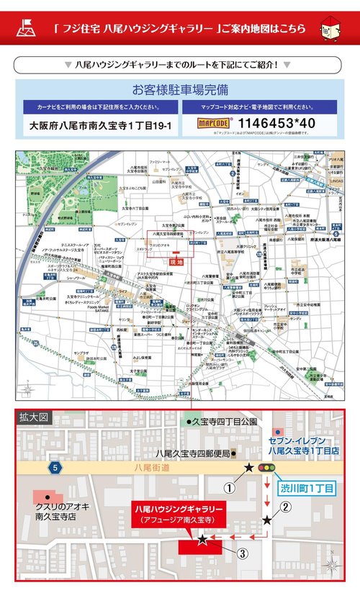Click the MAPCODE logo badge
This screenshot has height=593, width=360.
tap(214, 124)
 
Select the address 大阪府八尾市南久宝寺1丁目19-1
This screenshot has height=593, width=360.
tap(101, 125)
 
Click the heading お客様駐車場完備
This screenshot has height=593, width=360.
tap(180, 90)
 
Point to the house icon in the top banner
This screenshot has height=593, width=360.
tap(332, 30)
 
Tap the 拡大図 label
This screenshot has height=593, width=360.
tap(34, 417)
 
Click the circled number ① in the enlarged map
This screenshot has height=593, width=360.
tap(230, 487)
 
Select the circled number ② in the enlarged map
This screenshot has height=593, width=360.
tap(286, 505)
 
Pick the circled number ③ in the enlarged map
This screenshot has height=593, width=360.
tap(243, 553)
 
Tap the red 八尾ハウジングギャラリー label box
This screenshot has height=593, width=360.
tap(179, 513)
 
